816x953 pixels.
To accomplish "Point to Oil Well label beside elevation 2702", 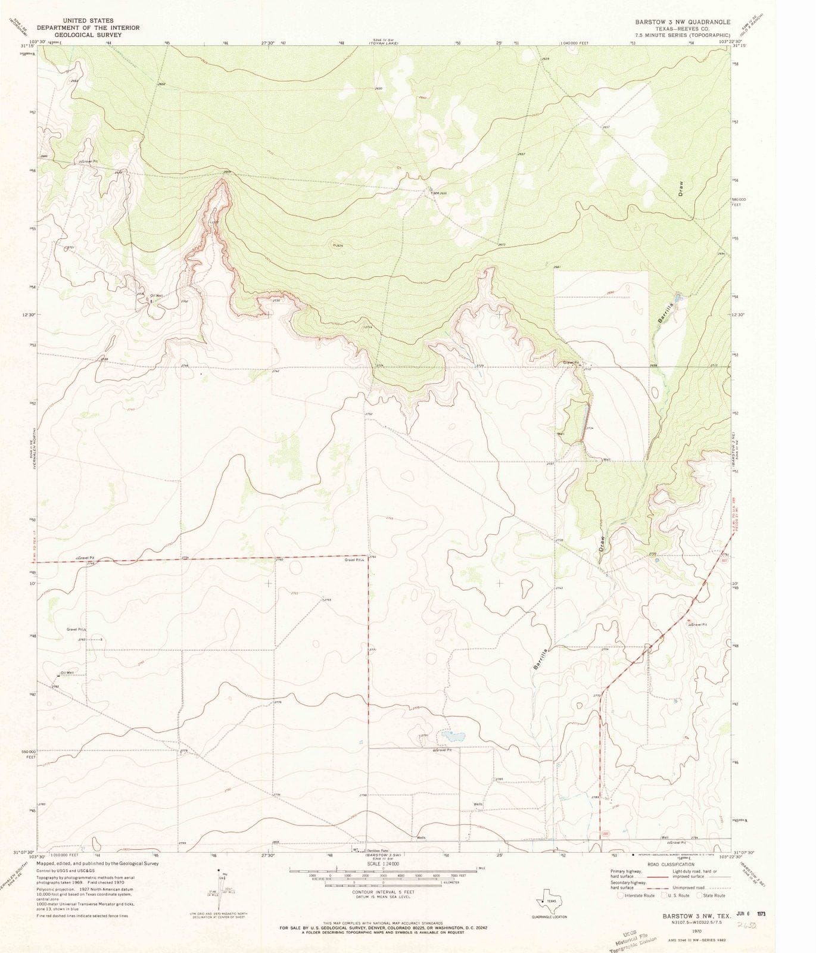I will pyautogui.click(x=156, y=295).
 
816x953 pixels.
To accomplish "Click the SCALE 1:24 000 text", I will pyautogui.click(x=383, y=863).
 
